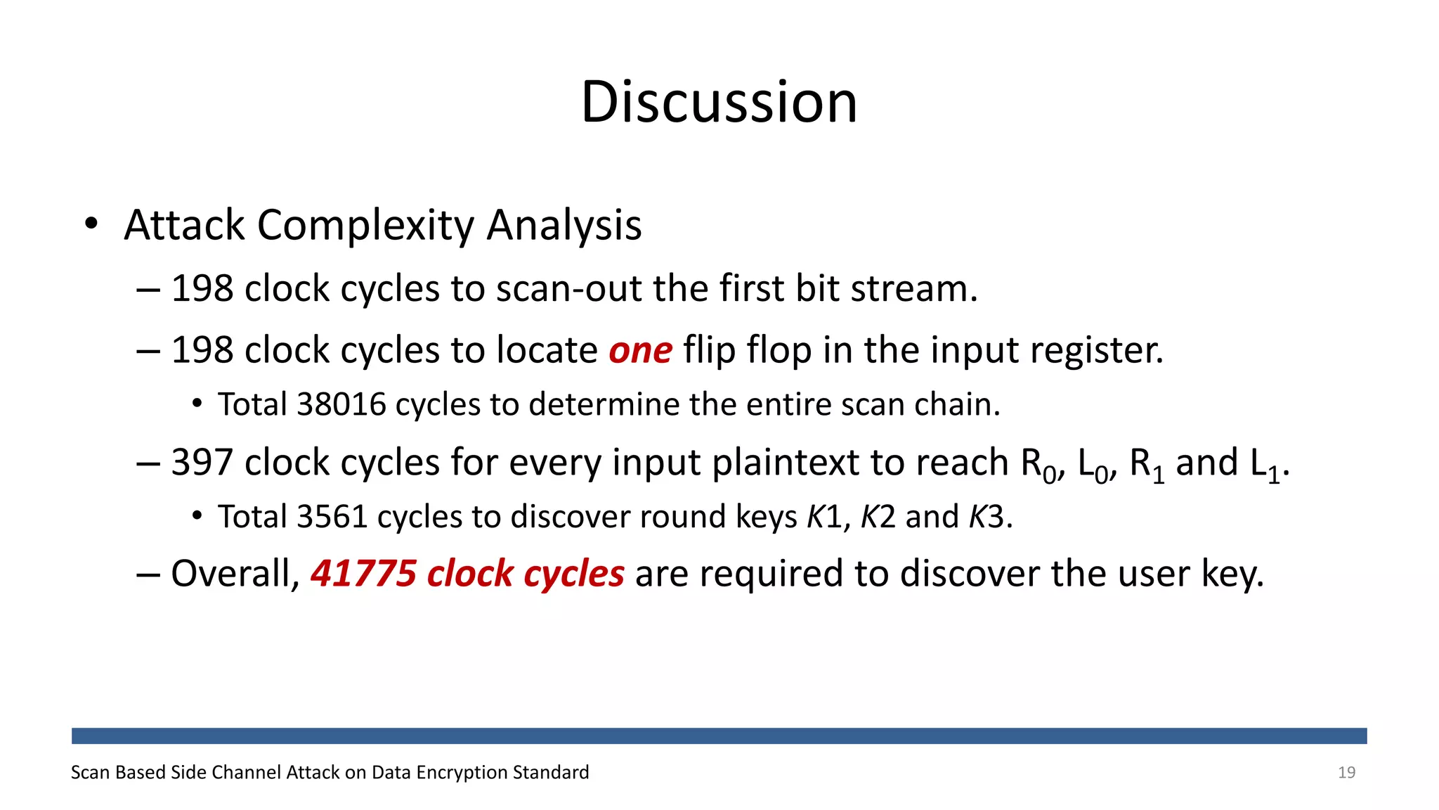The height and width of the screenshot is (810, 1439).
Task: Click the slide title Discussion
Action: [719, 103]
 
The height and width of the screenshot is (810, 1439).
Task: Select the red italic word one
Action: [640, 351]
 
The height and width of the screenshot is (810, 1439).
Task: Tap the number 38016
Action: [341, 404]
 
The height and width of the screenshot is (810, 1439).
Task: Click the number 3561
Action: [332, 517]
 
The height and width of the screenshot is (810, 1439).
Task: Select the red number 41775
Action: [363, 574]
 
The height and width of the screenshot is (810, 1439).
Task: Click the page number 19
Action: [1346, 773]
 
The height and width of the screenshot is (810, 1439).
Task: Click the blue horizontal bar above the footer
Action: [719, 735]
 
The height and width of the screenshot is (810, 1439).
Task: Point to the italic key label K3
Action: [987, 517]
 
